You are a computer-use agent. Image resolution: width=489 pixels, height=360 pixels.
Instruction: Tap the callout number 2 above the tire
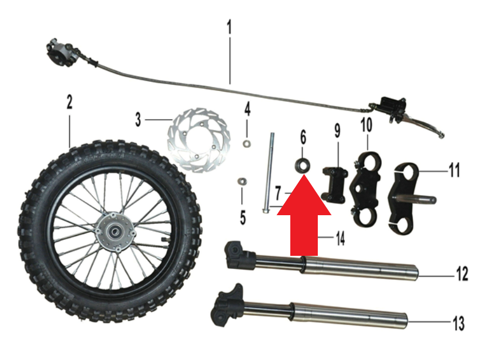click(x=69, y=103)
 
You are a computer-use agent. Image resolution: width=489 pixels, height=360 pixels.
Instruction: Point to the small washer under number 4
click(x=246, y=143)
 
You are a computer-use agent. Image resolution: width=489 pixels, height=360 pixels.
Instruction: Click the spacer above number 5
click(x=242, y=181)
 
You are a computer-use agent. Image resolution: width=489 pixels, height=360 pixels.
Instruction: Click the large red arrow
click(x=304, y=215)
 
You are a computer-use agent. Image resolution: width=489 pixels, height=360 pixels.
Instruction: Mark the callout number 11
click(x=454, y=171)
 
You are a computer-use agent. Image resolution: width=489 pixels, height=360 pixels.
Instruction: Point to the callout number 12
click(x=462, y=274)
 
